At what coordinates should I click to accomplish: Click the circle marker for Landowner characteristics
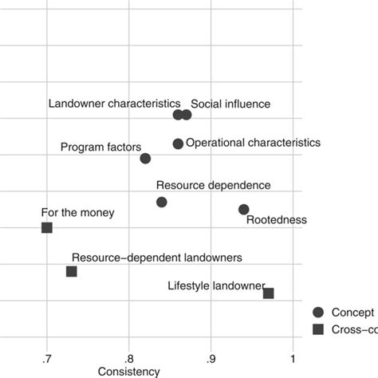(x=178, y=115)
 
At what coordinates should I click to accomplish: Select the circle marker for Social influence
(x=187, y=115)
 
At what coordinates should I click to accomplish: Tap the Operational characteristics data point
(x=178, y=144)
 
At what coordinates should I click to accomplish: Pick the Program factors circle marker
(x=145, y=159)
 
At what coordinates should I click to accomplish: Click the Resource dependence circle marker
(x=162, y=203)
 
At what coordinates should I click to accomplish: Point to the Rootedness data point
(x=244, y=210)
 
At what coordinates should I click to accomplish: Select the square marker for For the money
(x=47, y=228)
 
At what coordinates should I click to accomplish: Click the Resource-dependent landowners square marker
(x=72, y=272)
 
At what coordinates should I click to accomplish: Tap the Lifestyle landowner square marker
(x=269, y=293)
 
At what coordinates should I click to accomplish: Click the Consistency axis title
(x=128, y=371)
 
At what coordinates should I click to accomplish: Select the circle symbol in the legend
(x=319, y=313)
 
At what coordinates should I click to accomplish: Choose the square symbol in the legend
(x=319, y=330)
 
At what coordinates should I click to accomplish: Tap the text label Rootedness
(x=276, y=220)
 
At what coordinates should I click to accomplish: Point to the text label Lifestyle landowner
(x=216, y=285)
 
